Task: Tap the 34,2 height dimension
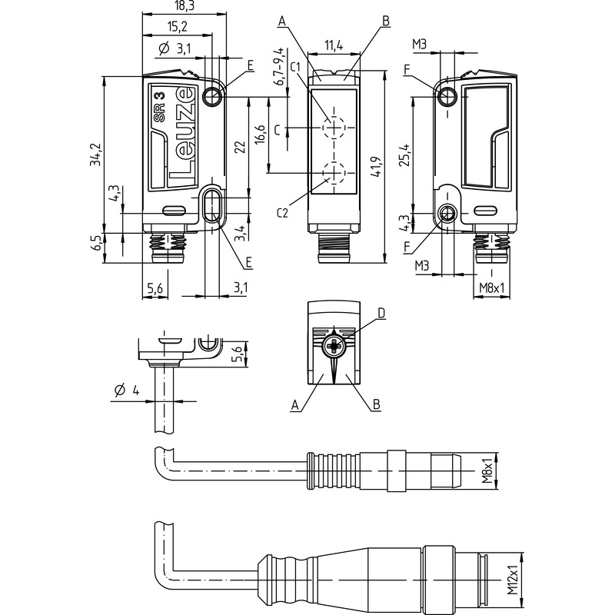pos(95,154)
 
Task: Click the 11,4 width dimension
pos(334,47)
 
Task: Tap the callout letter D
pos(381,313)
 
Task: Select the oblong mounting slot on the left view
pos(211,208)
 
